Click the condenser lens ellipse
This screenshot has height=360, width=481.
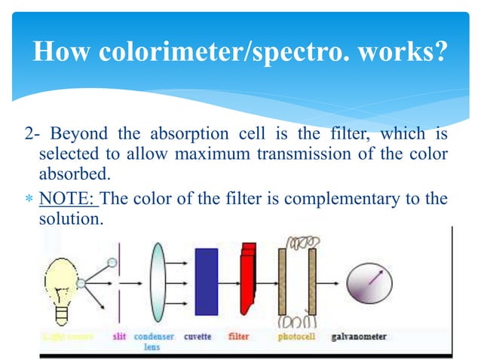coord(158,282)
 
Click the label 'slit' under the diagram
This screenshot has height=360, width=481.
coord(119,337)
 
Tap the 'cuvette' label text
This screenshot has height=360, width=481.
coord(198,337)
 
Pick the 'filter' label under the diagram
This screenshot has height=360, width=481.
coord(239,337)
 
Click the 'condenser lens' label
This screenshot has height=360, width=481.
coord(152,341)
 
